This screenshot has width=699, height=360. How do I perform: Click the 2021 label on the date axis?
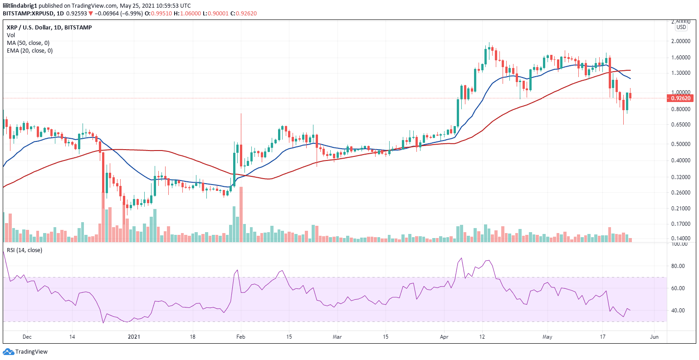[x=134, y=337]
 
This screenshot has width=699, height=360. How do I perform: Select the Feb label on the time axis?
[x=241, y=337]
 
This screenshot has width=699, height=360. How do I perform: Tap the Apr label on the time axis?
[x=444, y=337]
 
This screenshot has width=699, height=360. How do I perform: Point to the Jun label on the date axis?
[x=654, y=337]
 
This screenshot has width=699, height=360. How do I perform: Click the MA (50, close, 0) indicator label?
[x=28, y=43]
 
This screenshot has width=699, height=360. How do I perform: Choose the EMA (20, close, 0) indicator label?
[x=29, y=51]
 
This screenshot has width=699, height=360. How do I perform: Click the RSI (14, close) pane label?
[x=24, y=250]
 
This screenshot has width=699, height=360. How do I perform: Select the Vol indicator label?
[x=10, y=35]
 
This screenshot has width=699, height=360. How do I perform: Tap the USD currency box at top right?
[x=681, y=27]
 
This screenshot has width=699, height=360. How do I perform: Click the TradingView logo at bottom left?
[x=25, y=352]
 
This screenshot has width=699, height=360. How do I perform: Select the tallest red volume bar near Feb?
[x=241, y=214]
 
